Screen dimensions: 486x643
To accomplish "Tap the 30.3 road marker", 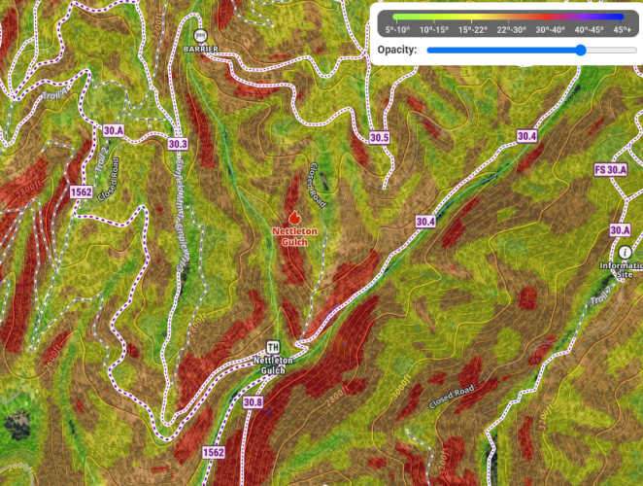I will [x=178, y=144].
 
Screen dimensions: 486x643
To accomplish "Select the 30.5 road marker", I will [x=379, y=138].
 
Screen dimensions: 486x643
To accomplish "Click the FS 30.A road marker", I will [x=610, y=170].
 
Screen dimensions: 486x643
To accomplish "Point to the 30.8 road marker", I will [x=254, y=402].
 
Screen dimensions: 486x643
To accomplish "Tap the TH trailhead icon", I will [x=274, y=347].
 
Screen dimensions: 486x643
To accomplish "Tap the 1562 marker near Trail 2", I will [x=82, y=192].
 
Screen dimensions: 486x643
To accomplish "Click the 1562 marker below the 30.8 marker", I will [x=213, y=453].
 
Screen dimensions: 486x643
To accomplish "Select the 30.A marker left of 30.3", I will [x=114, y=129].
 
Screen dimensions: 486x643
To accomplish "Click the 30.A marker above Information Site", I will [x=621, y=230].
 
